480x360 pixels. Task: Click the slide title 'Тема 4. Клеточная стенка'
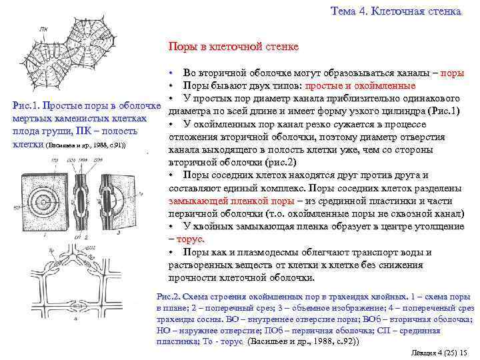[x=395, y=11]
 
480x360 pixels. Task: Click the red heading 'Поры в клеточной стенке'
[x=233, y=47]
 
